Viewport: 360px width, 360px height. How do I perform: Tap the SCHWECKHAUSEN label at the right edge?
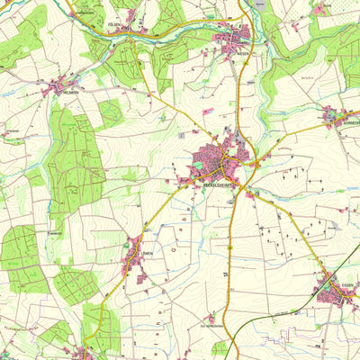point(350,122)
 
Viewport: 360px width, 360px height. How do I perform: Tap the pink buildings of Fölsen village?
point(131,18)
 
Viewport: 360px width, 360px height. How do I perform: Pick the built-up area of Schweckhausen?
point(335,114)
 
